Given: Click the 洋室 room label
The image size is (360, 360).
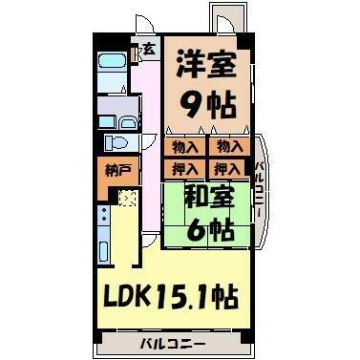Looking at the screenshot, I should pyautogui.click(x=204, y=66).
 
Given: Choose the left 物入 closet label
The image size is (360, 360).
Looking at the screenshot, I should pyautogui.click(x=185, y=146).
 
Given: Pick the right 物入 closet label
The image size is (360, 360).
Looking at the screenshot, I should pyautogui.click(x=227, y=146).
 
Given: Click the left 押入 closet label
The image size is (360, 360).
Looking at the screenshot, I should pyautogui.click(x=185, y=169).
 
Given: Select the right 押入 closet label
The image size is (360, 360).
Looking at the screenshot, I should pyautogui.click(x=227, y=169).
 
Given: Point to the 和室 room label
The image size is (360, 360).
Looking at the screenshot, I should pyautogui.click(x=206, y=199).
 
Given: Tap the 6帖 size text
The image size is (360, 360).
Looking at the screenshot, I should pyautogui.click(x=208, y=230).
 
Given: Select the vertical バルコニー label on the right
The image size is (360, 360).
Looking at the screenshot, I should pyautogui.click(x=259, y=190).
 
